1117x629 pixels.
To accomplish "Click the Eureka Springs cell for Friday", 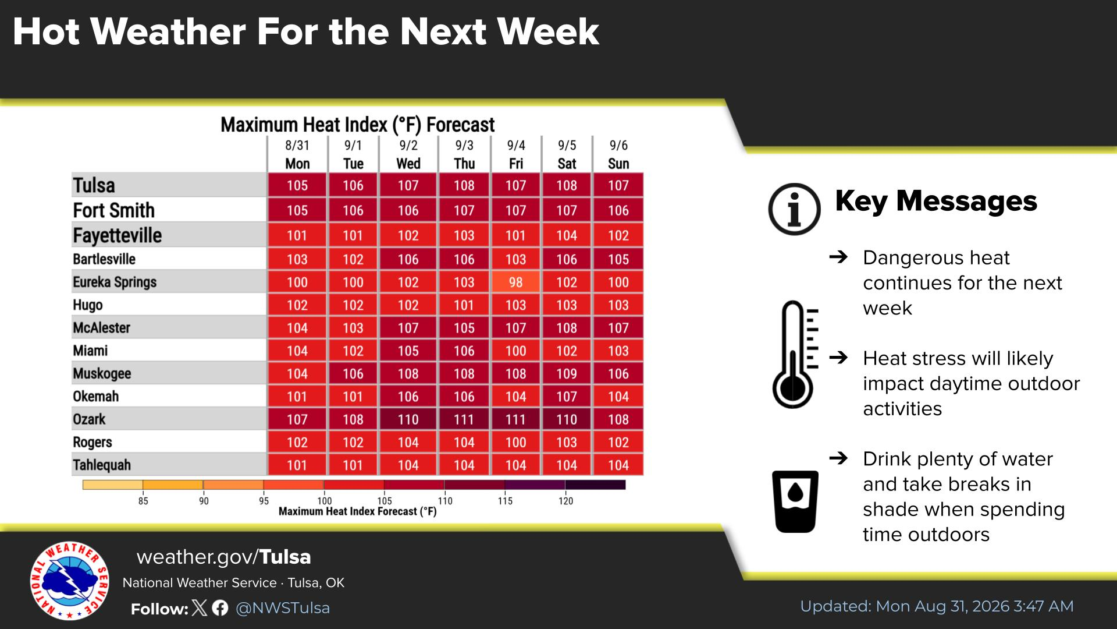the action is [515, 282].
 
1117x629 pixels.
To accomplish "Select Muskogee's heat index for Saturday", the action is [567, 373].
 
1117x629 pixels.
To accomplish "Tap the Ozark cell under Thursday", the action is [464, 419].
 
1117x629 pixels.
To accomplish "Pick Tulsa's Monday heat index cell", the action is [297, 185].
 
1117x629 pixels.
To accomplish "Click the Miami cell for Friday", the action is [515, 351].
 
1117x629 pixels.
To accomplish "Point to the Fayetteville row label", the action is [118, 235].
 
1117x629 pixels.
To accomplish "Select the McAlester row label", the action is [101, 328].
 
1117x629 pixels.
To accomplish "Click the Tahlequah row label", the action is [102, 465].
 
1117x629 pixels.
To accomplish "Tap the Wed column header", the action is [408, 164].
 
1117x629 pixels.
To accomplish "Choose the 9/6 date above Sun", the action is [618, 145].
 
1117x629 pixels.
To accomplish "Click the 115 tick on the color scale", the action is [505, 501].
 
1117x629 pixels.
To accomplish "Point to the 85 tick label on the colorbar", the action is [143, 501].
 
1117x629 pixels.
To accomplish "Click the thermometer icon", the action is [794, 354].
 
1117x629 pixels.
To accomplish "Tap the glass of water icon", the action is [795, 501].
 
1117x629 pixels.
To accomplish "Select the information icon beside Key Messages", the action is [794, 209].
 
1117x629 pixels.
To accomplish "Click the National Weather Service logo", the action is [70, 581].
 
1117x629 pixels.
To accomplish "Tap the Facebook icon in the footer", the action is [220, 608].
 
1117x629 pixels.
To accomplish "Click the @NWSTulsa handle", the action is [283, 608].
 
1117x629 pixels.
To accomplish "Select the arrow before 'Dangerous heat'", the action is [838, 256].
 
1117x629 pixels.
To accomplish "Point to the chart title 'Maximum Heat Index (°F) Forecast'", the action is [357, 125].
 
